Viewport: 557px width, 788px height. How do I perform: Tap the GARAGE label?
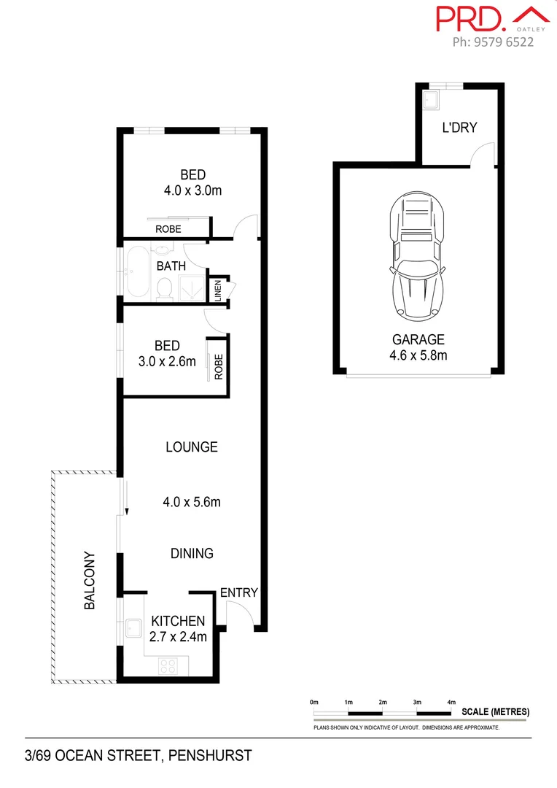coord(418,339)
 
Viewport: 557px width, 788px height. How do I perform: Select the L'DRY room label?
coord(459,128)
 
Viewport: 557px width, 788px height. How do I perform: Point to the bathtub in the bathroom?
coord(136,273)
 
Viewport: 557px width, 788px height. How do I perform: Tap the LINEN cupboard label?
coord(217,290)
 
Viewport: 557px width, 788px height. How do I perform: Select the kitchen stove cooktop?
coord(168,665)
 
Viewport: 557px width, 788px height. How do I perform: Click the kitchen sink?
coord(133,627)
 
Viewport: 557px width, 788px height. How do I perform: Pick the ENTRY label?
coord(239,592)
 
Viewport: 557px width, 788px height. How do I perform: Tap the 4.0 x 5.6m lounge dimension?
coord(192,502)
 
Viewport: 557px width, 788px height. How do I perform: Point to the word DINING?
coord(192,553)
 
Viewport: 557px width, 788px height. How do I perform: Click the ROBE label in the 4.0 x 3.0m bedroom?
coord(168,229)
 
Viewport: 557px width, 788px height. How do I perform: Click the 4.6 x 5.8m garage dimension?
coord(418,355)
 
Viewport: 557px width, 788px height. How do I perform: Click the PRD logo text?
coord(469,18)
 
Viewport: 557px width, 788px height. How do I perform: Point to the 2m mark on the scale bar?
coord(383,702)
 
